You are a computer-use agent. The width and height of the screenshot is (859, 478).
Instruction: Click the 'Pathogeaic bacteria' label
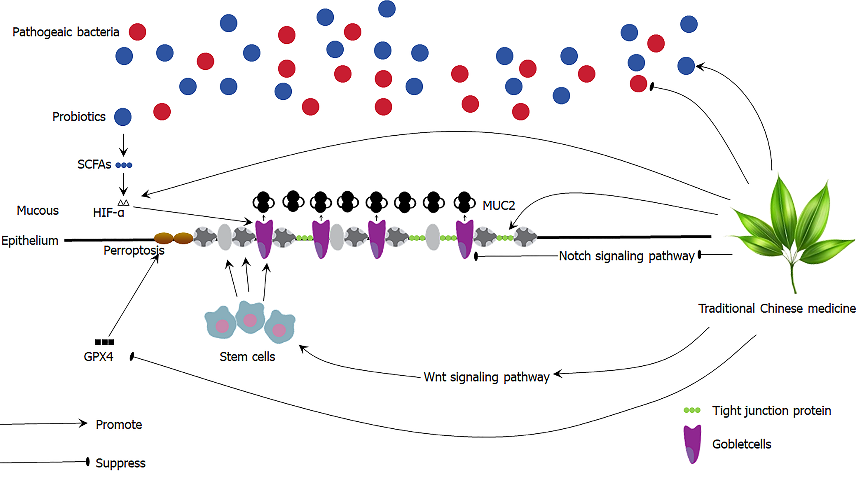pyautogui.click(x=66, y=32)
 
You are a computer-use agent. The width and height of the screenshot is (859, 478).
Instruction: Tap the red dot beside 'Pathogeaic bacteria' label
pyautogui.click(x=137, y=32)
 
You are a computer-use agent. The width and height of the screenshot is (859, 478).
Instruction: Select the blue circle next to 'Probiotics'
pyautogui.click(x=123, y=117)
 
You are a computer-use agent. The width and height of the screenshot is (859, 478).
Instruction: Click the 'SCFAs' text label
pyautogui.click(x=94, y=164)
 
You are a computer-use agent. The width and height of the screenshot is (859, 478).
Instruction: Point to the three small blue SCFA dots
pyautogui.click(x=124, y=165)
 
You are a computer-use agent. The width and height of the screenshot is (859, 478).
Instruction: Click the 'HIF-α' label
pyautogui.click(x=108, y=212)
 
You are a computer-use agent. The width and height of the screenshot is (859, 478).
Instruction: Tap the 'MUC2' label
pyautogui.click(x=499, y=205)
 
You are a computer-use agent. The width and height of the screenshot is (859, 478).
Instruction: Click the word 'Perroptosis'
pyautogui.click(x=134, y=250)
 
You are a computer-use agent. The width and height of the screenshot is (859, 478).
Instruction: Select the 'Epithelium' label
pyautogui.click(x=30, y=241)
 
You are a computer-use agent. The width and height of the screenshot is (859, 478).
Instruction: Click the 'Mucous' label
pyautogui.click(x=38, y=211)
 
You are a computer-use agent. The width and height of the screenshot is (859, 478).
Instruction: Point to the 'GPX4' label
pyautogui.click(x=98, y=357)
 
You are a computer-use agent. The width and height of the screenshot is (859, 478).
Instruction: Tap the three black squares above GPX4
pyautogui.click(x=104, y=342)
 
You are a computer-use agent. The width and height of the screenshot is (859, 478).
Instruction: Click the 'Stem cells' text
pyautogui.click(x=247, y=357)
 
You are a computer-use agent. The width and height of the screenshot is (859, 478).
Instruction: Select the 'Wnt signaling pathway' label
pyautogui.click(x=486, y=377)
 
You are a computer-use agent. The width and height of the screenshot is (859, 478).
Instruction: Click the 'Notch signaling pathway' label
pyautogui.click(x=627, y=256)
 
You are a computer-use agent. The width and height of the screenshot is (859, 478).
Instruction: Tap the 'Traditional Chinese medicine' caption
pyautogui.click(x=777, y=309)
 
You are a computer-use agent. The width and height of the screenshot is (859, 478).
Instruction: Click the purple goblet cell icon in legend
pyautogui.click(x=692, y=444)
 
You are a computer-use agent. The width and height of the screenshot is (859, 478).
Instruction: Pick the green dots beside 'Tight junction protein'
pyautogui.click(x=692, y=410)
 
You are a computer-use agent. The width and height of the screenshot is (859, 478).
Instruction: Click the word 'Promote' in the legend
pyautogui.click(x=119, y=425)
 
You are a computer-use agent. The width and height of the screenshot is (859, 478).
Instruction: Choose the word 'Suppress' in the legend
pyautogui.click(x=121, y=463)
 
